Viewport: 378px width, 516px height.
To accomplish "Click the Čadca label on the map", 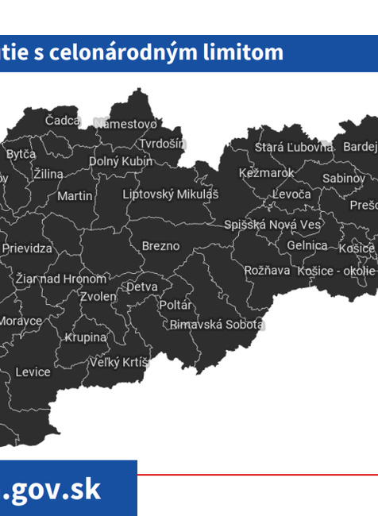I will [x=63, y=120].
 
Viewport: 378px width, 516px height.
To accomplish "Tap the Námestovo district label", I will [x=125, y=123].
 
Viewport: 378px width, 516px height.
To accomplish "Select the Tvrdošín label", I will [x=162, y=144].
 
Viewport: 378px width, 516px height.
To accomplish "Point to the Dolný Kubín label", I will [x=121, y=161].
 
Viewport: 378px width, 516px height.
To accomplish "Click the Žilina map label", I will [x=48, y=174].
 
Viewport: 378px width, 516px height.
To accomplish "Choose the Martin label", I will [x=75, y=195].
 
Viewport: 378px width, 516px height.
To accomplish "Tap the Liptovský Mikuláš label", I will [x=170, y=194].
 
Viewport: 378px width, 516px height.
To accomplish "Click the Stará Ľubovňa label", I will [x=294, y=147].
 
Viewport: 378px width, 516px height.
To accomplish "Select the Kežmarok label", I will [x=266, y=172].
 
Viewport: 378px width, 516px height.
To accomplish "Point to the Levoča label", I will [x=291, y=194].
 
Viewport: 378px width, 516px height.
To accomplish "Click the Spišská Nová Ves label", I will [x=272, y=225].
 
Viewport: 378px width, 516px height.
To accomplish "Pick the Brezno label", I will [x=160, y=246].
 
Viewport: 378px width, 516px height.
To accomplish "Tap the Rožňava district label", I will [x=267, y=270].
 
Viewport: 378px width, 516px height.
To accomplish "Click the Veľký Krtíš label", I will [x=119, y=363].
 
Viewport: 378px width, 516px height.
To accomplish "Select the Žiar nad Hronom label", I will [x=60, y=279].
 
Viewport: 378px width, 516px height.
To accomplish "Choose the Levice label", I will [x=33, y=372].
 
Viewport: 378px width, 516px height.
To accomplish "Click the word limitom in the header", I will [x=242, y=52].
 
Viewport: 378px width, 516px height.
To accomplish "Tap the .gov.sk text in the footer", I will [x=52, y=489].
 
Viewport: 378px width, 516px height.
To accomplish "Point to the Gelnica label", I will [x=307, y=246].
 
